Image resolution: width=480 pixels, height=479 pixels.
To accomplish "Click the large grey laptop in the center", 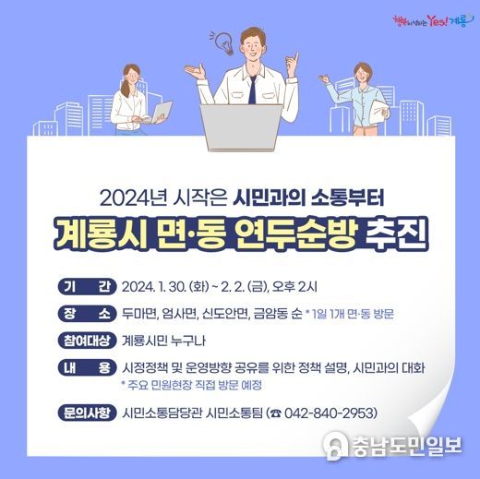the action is (241, 126).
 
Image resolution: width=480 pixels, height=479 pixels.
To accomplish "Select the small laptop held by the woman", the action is (161, 112).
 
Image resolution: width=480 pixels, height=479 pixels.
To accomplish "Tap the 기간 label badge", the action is (87, 287).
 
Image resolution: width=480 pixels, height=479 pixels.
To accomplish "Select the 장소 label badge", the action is (87, 314).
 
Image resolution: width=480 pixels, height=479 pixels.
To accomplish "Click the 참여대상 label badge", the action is (87, 341).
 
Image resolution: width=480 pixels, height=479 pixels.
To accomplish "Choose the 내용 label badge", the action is (87, 367).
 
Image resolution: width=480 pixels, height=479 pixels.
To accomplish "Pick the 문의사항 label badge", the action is (87, 413).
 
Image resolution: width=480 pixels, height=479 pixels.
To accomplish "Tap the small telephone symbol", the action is (276, 413).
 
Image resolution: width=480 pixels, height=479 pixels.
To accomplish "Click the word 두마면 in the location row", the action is (139, 314).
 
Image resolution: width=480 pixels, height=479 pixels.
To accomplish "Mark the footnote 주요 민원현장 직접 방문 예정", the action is (192, 385).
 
